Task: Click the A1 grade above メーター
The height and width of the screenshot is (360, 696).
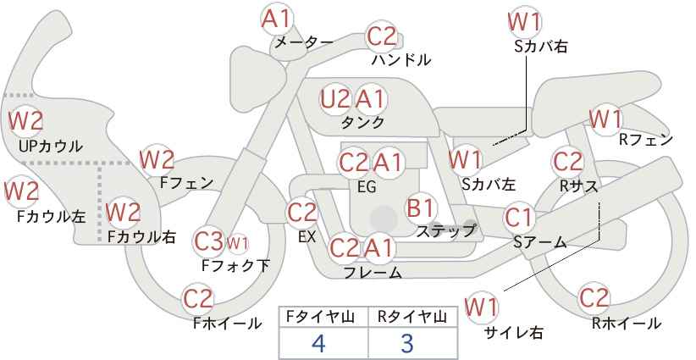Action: [276, 19]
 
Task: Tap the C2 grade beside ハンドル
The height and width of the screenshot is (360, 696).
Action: [381, 37]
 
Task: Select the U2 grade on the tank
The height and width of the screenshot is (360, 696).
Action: [335, 99]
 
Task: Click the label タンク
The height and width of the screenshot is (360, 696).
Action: [362, 122]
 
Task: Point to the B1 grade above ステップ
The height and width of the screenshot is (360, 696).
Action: [420, 208]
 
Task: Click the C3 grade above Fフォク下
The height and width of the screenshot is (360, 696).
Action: [208, 241]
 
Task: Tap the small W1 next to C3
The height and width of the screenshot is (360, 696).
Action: [237, 243]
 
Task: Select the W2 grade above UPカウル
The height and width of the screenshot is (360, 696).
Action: [25, 121]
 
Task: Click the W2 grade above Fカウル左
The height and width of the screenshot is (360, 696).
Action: [22, 191]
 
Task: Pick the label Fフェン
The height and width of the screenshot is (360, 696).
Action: [186, 182]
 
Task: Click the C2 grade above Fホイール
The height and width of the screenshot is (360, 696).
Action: [198, 299]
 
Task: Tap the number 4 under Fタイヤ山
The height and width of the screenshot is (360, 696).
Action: [318, 342]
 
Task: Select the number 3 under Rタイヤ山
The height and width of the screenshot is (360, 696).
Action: [407, 343]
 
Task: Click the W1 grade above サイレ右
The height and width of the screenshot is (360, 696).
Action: [481, 307]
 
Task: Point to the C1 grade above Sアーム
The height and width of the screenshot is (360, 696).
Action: [518, 218]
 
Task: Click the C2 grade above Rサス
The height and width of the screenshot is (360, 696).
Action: [567, 162]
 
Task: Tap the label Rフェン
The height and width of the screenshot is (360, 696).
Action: [646, 140]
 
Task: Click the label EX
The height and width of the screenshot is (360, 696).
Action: [307, 236]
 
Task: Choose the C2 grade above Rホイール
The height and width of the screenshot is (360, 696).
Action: [594, 298]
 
